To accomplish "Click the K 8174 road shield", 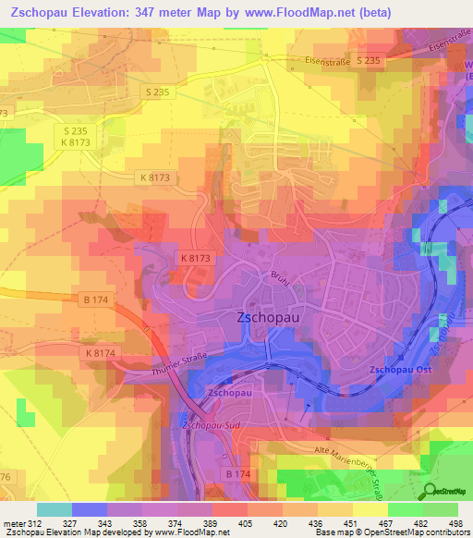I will (101, 353).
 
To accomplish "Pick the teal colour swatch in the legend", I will (54, 509).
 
